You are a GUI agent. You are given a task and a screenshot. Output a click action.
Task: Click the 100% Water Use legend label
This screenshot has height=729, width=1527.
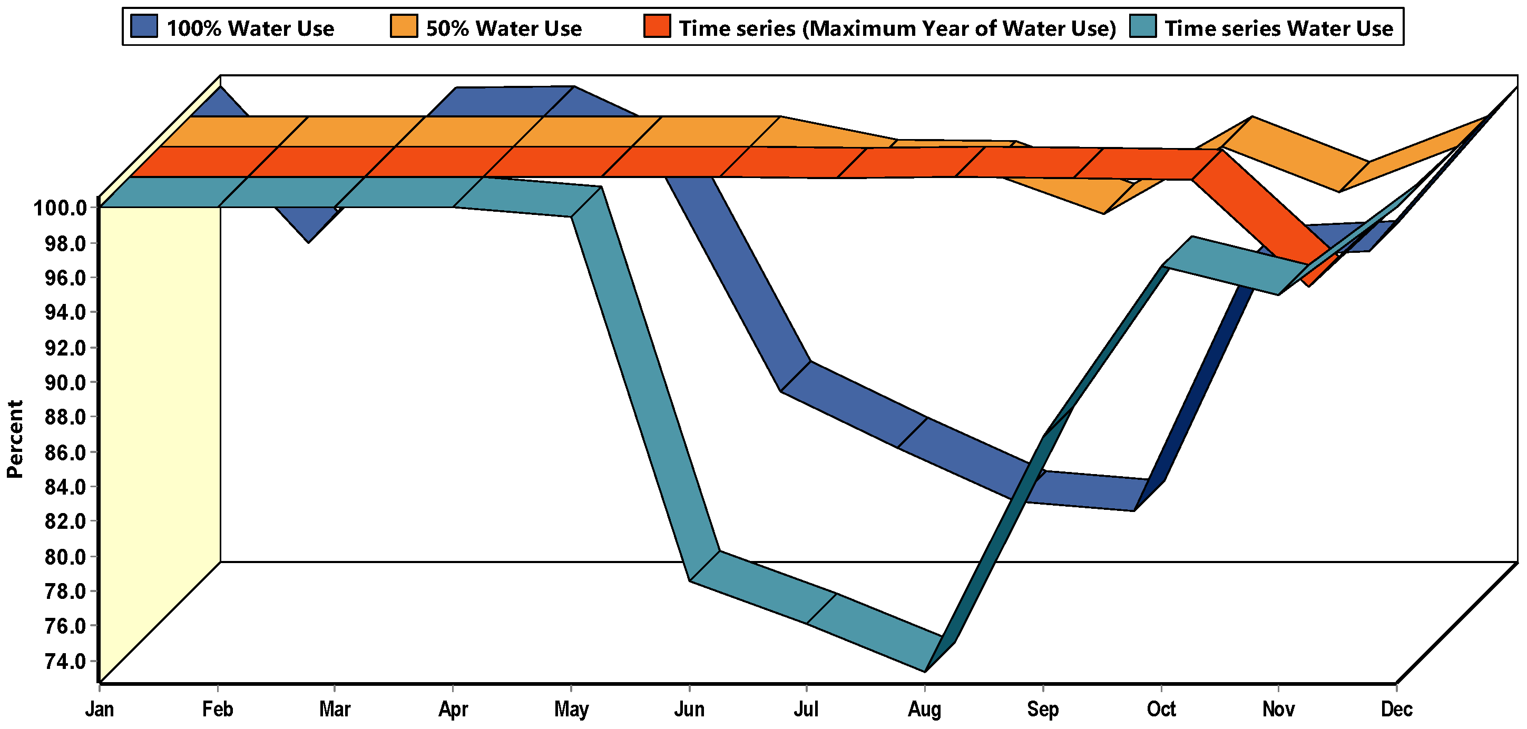click(250, 28)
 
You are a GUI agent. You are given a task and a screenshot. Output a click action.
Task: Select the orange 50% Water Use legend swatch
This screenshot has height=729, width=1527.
click(403, 27)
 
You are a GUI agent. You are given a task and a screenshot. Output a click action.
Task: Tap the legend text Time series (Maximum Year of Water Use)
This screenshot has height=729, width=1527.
click(897, 28)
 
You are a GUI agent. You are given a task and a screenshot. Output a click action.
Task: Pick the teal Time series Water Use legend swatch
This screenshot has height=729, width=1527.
click(1142, 27)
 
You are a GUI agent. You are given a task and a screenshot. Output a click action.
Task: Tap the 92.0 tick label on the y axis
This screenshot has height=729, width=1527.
click(65, 348)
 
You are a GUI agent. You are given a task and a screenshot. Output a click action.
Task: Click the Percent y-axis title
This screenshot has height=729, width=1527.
click(15, 439)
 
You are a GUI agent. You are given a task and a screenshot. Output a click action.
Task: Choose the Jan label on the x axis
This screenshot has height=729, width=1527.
click(99, 710)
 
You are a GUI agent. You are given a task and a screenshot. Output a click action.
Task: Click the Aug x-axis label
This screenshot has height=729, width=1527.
click(924, 710)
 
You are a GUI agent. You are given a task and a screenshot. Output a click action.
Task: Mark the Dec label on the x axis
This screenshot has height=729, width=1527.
click(1396, 710)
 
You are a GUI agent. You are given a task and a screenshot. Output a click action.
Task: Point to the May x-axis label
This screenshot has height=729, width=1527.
click(571, 710)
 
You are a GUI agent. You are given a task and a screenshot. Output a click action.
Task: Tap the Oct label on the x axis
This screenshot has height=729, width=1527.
click(1161, 710)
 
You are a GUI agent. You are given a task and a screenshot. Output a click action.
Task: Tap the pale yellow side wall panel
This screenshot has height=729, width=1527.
click(157, 415)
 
